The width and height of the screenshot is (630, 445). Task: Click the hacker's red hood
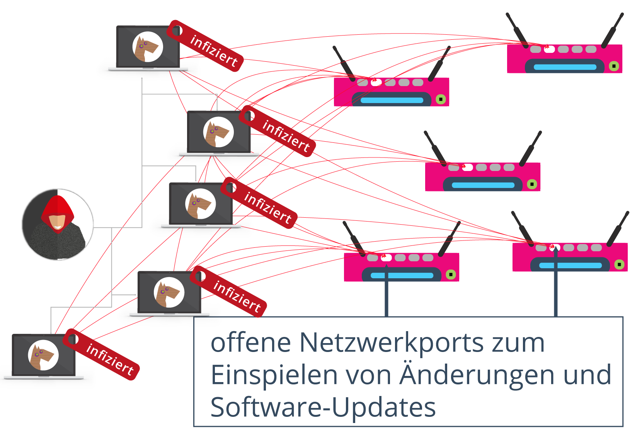coord(57,207)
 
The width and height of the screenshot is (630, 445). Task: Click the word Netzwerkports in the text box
coord(391,342)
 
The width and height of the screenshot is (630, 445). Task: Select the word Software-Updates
coord(323,407)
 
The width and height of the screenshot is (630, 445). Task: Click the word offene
coord(250,342)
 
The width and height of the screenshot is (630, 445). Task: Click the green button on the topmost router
coord(614,66)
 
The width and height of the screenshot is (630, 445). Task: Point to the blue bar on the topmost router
coord(565,67)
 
